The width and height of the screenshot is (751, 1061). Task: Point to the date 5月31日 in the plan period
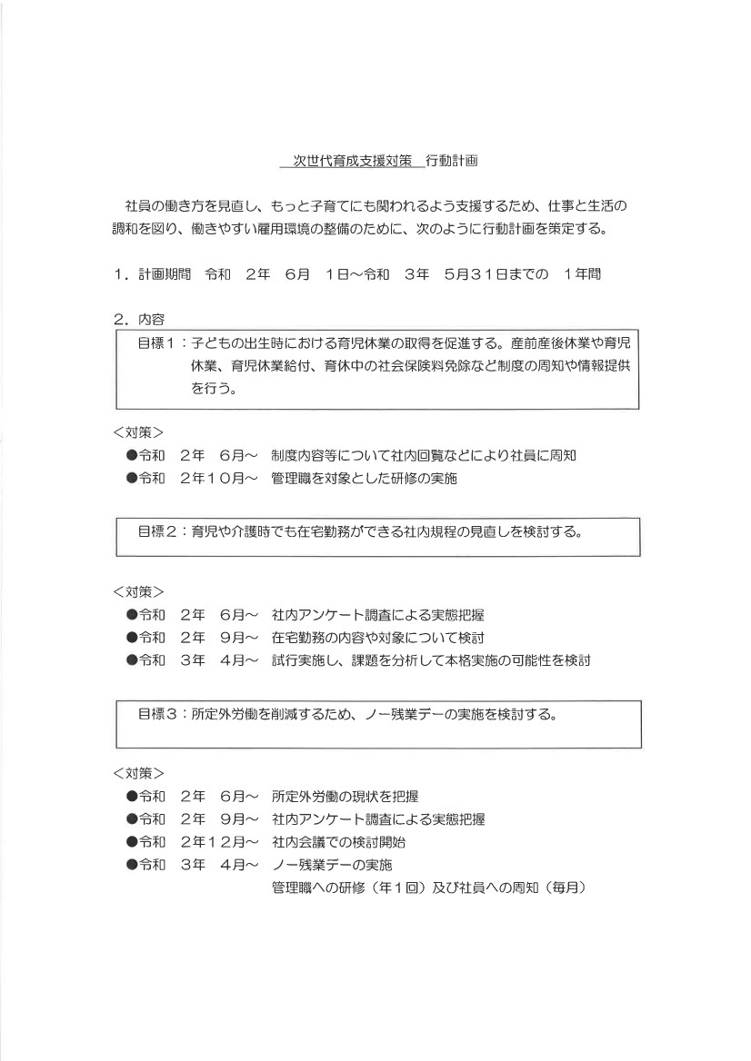pos(481,274)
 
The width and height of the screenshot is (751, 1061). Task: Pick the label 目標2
pos(156,531)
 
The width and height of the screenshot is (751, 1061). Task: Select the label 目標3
pos(156,713)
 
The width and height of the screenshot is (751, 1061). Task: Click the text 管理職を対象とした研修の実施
pos(364,479)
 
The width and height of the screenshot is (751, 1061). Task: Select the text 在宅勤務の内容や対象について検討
pos(377,638)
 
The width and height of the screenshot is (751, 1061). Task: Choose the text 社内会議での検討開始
pos(338,842)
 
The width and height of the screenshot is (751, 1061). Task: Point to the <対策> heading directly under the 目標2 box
pos(139,591)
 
